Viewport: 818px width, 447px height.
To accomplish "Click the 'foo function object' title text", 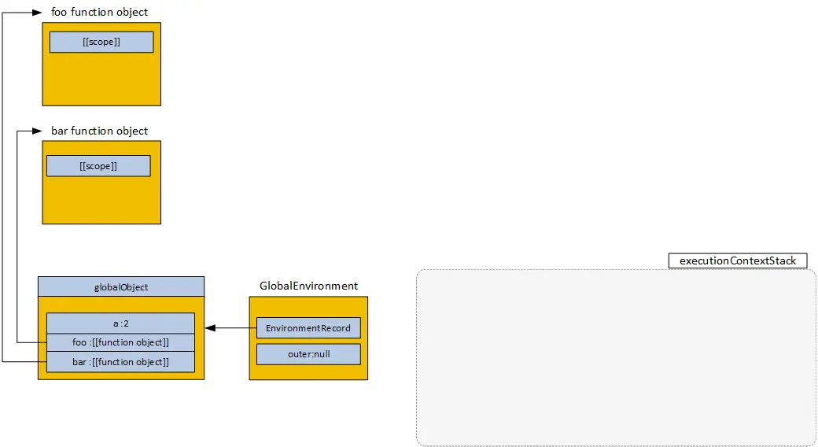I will [x=99, y=13].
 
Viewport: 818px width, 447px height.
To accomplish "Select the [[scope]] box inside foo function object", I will [x=101, y=42].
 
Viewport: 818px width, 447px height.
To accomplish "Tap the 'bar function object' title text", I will [x=99, y=131].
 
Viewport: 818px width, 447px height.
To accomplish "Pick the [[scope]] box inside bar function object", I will [x=98, y=166].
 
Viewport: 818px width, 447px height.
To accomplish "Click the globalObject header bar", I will [x=121, y=287].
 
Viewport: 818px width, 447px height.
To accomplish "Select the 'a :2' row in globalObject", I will [x=120, y=323].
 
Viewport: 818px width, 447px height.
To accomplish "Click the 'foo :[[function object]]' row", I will [x=120, y=342].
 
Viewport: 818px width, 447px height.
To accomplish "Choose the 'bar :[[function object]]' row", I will [x=120, y=362].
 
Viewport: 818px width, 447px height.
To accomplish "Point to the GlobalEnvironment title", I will [x=308, y=286].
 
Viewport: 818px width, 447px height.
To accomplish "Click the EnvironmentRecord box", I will [x=308, y=328].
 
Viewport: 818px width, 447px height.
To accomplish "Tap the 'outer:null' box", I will [x=308, y=354].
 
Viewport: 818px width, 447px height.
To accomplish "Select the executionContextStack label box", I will [x=738, y=260].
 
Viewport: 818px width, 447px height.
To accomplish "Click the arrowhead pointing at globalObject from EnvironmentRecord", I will [x=210, y=328].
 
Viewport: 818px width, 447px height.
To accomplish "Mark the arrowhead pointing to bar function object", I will [x=38, y=131].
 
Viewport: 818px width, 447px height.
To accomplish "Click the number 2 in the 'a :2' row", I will [x=126, y=323].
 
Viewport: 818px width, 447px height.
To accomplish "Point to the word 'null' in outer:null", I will [x=320, y=354].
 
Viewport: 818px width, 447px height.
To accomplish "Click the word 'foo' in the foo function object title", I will [x=60, y=13].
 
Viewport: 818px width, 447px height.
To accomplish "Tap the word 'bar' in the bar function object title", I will [x=60, y=131].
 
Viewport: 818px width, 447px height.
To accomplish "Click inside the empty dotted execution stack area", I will [x=616, y=358].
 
